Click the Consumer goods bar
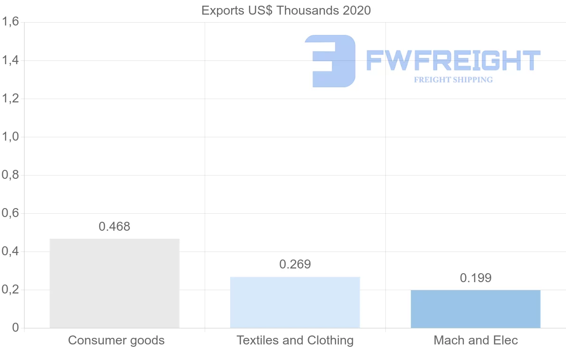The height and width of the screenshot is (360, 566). tap(115, 283)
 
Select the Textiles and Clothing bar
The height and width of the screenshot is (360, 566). tap(295, 302)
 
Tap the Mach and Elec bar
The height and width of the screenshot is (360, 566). tap(475, 309)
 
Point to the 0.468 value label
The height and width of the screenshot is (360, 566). tap(115, 226)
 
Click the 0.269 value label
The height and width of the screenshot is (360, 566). tap(295, 264)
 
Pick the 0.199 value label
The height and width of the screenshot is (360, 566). tap(476, 278)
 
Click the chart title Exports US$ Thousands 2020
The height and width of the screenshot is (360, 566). tap(286, 10)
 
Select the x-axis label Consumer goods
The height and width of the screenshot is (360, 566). tap(117, 340)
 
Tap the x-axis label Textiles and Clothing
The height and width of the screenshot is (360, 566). tap(295, 340)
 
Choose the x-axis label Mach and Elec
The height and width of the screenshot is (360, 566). tap(476, 340)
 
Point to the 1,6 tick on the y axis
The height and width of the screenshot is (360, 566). tap(10, 22)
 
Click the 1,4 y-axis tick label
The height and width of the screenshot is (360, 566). tap(10, 60)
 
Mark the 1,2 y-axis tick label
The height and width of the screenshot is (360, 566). tap(10, 99)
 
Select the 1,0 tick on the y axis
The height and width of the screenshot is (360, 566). tap(10, 137)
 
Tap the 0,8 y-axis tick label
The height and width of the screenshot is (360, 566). tap(10, 175)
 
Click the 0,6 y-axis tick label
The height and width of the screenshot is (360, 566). tap(10, 213)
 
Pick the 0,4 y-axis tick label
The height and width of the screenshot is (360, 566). tap(10, 251)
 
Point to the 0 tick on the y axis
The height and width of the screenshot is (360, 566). tap(16, 328)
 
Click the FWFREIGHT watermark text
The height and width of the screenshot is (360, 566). tap(453, 60)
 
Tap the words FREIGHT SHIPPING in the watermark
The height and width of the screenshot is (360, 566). tap(453, 80)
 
